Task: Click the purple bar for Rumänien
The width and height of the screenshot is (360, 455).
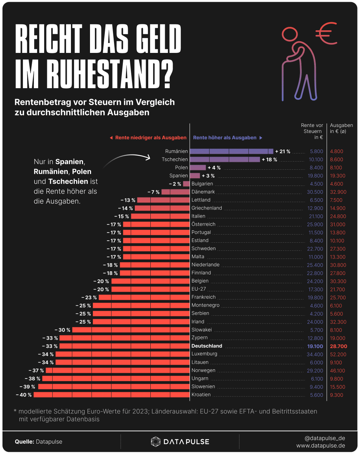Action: click(x=232, y=151)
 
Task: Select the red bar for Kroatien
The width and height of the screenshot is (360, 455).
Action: click(x=112, y=395)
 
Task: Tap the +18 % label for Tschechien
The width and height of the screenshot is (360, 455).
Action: click(x=269, y=159)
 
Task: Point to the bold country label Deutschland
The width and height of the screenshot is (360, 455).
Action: click(x=207, y=346)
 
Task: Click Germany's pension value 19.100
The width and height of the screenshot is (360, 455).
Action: click(x=315, y=346)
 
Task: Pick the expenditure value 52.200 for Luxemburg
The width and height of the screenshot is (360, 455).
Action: click(x=338, y=354)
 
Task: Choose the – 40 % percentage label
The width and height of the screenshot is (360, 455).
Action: click(x=24, y=395)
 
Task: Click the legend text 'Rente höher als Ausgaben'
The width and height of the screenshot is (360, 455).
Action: click(x=225, y=138)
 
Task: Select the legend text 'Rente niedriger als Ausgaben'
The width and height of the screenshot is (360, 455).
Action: click(x=151, y=138)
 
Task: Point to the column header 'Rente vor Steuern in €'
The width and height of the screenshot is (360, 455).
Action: click(x=312, y=131)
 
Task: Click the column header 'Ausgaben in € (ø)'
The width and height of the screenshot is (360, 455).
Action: click(x=341, y=128)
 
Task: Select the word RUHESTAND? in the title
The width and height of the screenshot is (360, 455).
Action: click(x=110, y=74)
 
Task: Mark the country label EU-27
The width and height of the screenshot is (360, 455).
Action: click(x=199, y=289)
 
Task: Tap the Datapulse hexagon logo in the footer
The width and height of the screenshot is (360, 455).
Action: click(x=156, y=442)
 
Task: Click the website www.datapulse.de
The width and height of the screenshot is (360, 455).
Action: click(x=321, y=445)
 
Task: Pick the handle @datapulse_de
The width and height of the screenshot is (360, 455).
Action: click(x=325, y=438)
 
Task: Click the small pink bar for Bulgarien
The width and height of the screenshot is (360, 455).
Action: click(x=186, y=184)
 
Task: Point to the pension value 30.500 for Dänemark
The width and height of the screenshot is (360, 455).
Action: click(x=315, y=192)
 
